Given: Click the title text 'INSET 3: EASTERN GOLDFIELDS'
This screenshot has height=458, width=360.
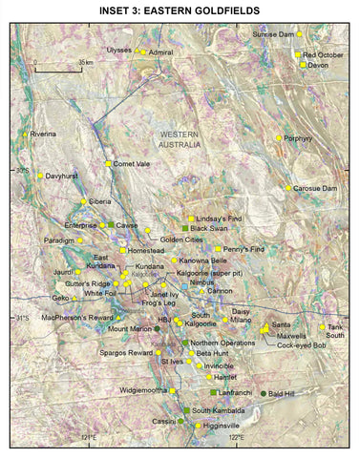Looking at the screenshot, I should (180, 10).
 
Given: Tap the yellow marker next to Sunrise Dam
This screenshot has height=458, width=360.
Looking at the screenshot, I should (300, 34).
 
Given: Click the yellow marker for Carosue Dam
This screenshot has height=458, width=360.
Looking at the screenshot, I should (288, 188).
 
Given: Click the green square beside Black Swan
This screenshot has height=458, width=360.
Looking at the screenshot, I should (186, 229).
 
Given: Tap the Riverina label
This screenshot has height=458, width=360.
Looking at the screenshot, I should (44, 134).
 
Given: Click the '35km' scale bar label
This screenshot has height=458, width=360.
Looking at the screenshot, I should (85, 62).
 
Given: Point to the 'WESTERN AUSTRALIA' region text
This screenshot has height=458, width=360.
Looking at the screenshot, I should (180, 140).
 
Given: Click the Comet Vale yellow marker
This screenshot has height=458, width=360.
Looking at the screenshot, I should (109, 163).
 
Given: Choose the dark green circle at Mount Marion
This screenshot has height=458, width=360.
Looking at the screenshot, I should (158, 328).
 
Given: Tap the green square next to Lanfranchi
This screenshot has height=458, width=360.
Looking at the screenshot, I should (213, 392).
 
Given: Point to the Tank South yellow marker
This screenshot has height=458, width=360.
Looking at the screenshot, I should (322, 327).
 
